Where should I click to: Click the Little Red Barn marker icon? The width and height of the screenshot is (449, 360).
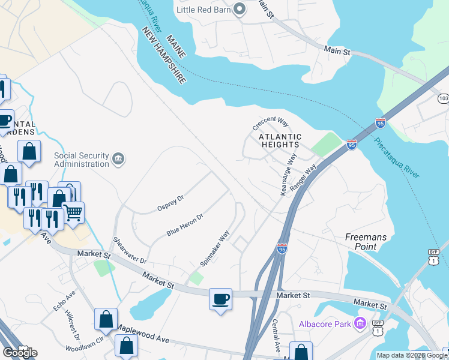point(240,9)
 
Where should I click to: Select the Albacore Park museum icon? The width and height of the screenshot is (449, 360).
point(360,324)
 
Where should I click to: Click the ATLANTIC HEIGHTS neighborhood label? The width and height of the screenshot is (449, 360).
point(279,140)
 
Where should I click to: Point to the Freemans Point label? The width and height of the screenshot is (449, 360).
point(369,242)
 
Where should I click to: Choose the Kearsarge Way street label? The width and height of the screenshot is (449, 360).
point(289,175)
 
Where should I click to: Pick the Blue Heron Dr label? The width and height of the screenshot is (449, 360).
point(185,224)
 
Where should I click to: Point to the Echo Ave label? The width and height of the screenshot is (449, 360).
point(64,301)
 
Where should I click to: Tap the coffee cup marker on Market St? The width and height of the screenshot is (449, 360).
point(220,298)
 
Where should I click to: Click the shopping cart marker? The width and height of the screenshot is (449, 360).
point(73,212)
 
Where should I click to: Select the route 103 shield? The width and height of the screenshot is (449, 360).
point(443,98)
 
